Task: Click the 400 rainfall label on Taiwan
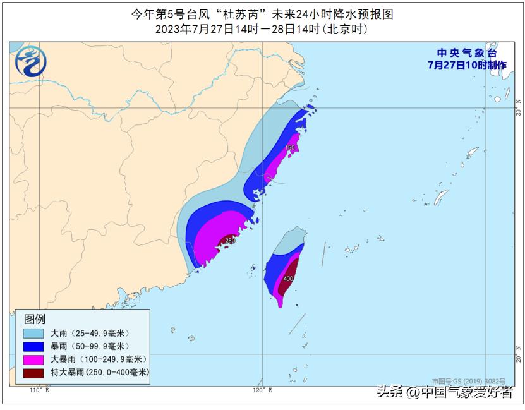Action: click(288, 279)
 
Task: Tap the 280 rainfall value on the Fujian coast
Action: click(230, 241)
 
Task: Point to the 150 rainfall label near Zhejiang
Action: click(289, 148)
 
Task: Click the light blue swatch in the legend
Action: click(33, 333)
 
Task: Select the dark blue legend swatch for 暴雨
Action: click(33, 346)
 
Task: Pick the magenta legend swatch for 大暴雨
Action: click(33, 359)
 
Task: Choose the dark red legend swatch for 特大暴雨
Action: click(33, 373)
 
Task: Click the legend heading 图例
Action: click(35, 319)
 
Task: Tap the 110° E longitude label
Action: click(39, 390)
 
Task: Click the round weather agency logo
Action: click(30, 61)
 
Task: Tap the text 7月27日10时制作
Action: click(467, 64)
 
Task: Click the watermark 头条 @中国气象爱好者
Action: click(445, 392)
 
